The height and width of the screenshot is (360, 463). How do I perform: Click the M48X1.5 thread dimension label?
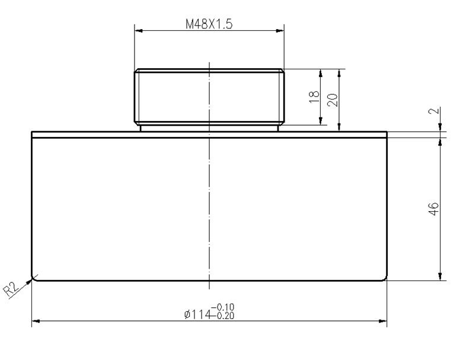tap(209, 24)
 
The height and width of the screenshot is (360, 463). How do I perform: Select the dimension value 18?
tap(314, 97)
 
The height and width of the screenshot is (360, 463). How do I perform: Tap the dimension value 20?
tap(333, 100)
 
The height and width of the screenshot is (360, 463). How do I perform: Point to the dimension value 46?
tap(433, 209)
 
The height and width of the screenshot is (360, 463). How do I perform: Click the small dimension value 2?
tap(434, 111)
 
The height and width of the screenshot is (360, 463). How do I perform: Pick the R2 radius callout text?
tap(11, 289)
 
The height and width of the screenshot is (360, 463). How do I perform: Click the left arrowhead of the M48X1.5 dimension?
tap(139, 30)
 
